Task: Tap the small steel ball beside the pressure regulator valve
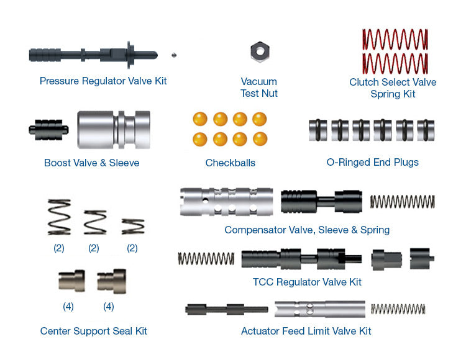tap(175, 55)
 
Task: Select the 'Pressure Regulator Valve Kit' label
tap(103, 81)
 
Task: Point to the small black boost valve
tap(48, 129)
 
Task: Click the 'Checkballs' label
tap(231, 163)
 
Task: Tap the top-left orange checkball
tap(200, 119)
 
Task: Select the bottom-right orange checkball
tap(260, 138)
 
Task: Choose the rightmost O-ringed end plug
tap(426, 130)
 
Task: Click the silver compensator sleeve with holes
tap(226, 202)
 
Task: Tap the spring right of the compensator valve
tap(402, 201)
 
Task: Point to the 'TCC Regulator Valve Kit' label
tap(307, 282)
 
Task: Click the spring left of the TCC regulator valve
tap(206, 258)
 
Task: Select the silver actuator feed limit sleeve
tap(319, 308)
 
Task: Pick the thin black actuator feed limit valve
tap(227, 308)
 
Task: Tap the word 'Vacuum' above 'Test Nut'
tap(259, 81)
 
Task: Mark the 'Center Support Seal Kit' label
tap(94, 331)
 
